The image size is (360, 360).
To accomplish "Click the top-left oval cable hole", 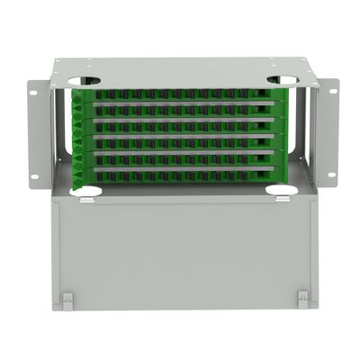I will (x=83, y=81).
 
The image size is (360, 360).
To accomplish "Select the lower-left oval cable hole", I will (x=85, y=191).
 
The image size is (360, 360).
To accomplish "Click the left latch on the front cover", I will (x=67, y=297).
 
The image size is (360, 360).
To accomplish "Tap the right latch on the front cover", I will (x=303, y=297).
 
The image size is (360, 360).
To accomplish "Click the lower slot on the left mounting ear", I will (x=34, y=176).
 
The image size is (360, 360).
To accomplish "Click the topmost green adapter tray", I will (x=180, y=94).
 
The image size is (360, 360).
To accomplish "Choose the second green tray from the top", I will (x=180, y=110).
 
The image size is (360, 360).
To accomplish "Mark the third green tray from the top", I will (x=180, y=125).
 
